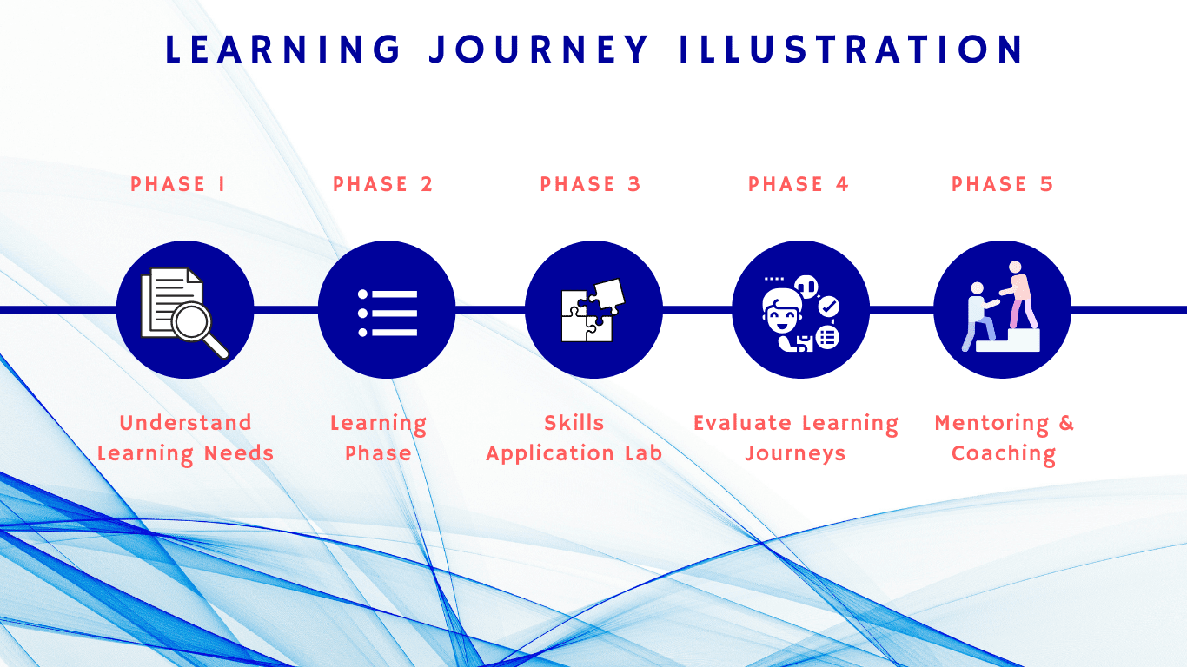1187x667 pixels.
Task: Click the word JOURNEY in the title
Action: pyautogui.click(x=539, y=50)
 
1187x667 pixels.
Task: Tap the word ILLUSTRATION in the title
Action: pyautogui.click(x=852, y=50)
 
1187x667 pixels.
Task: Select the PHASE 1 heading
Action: pyautogui.click(x=178, y=184)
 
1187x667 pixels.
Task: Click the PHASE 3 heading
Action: pyautogui.click(x=590, y=184)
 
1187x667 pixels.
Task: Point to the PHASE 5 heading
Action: pyautogui.click(x=1003, y=184)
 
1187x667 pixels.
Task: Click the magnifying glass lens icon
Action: pyautogui.click(x=191, y=320)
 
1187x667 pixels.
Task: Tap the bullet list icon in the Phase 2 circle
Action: pyautogui.click(x=388, y=314)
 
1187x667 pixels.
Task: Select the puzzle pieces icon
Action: pyautogui.click(x=593, y=310)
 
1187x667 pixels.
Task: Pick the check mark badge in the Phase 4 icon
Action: pyautogui.click(x=829, y=307)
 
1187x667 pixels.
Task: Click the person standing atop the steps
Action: pyautogui.click(x=1019, y=294)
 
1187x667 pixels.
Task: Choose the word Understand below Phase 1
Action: pyautogui.click(x=185, y=423)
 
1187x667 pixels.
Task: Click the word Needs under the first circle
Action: pyautogui.click(x=239, y=453)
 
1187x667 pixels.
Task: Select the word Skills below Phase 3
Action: pyautogui.click(x=574, y=423)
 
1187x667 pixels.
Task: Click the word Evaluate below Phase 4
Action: pyautogui.click(x=742, y=423)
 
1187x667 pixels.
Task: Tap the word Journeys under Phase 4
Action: pyautogui.click(x=795, y=454)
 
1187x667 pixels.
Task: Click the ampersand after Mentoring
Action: pyautogui.click(x=1066, y=423)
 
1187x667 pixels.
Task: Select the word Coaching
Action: pyautogui.click(x=1004, y=454)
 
